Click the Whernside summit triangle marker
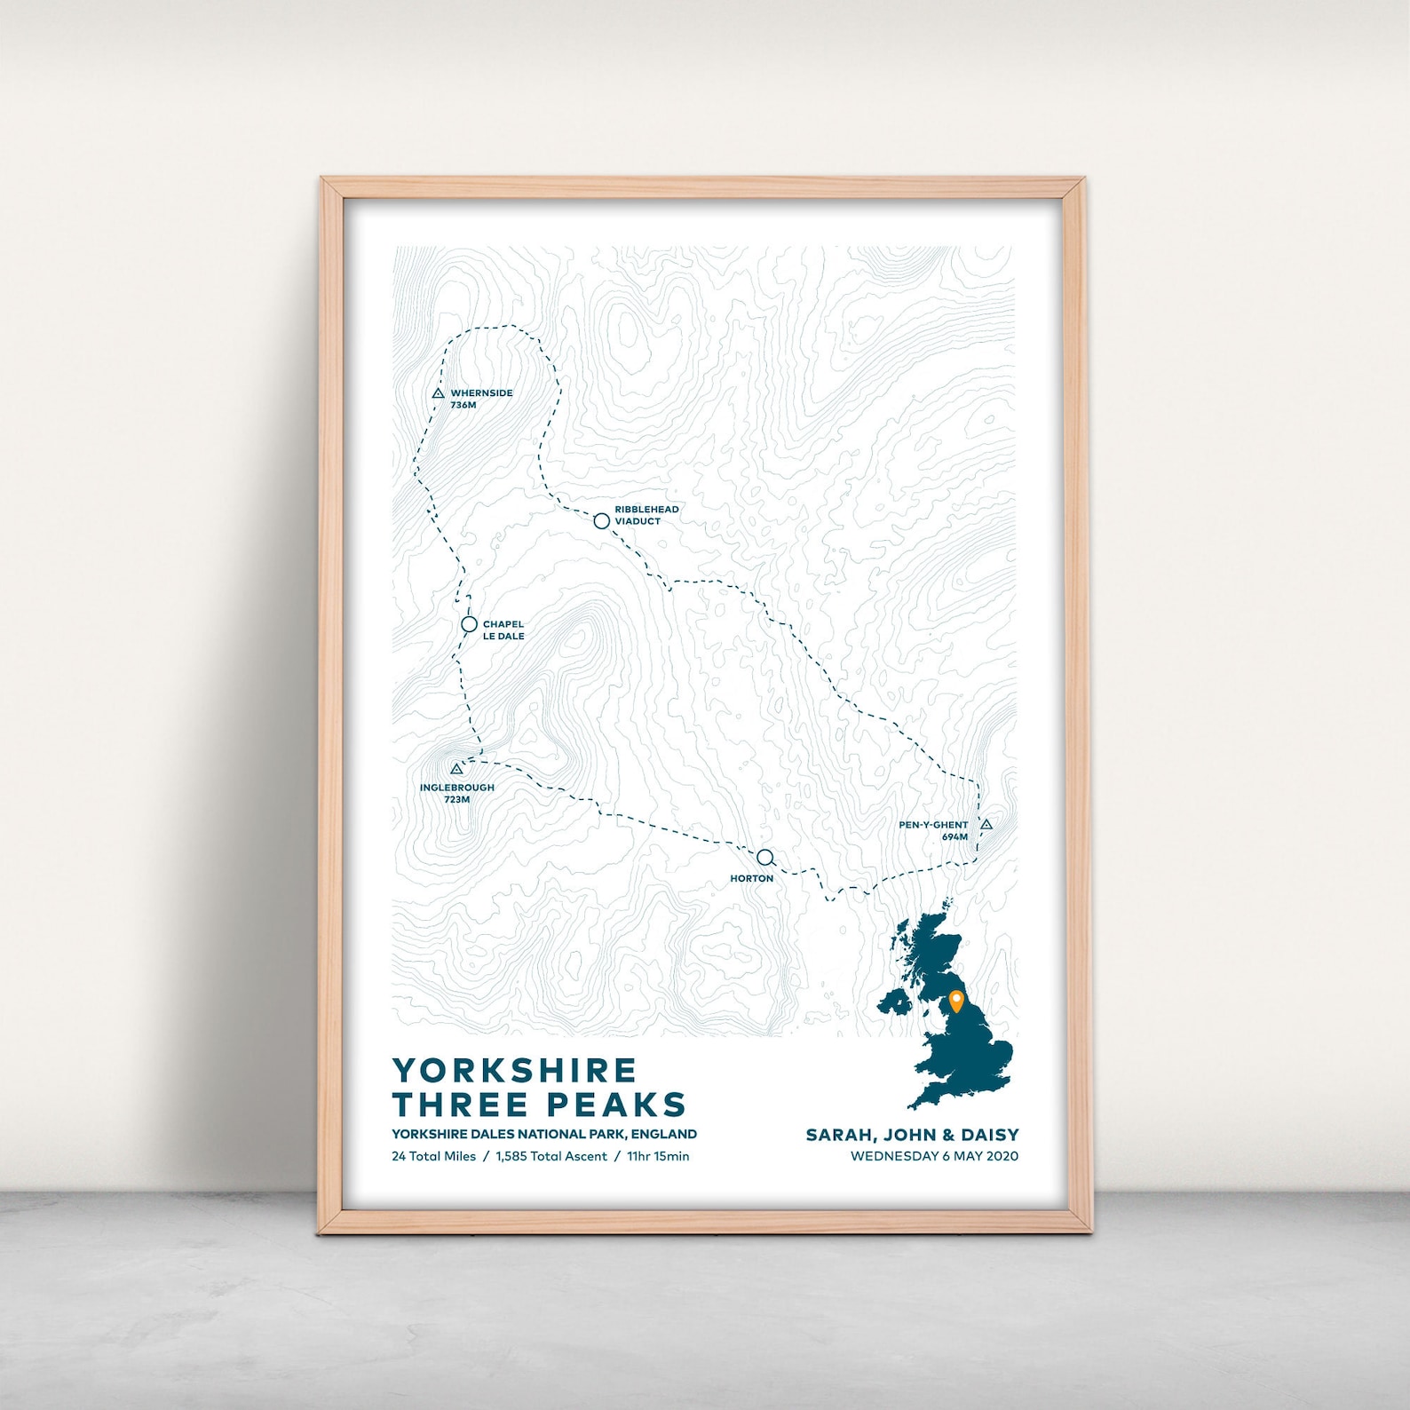tap(438, 393)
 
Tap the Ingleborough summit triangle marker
tap(456, 769)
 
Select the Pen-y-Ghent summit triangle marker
tap(986, 825)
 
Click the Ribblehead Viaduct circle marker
tap(601, 521)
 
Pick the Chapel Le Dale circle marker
tap(469, 625)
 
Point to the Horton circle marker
tap(764, 858)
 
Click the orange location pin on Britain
tap(956, 1001)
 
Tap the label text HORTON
tap(751, 879)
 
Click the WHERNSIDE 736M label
tap(480, 399)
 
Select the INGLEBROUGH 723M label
tap(457, 793)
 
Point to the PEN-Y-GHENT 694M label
tap(933, 830)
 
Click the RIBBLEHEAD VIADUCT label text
tap(646, 515)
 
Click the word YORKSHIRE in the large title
tap(514, 1070)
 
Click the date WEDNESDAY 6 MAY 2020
tap(934, 1156)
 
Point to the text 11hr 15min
tap(658, 1156)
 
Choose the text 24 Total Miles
tap(433, 1156)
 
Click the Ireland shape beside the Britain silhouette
tap(895, 1003)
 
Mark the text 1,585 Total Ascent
tap(551, 1156)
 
